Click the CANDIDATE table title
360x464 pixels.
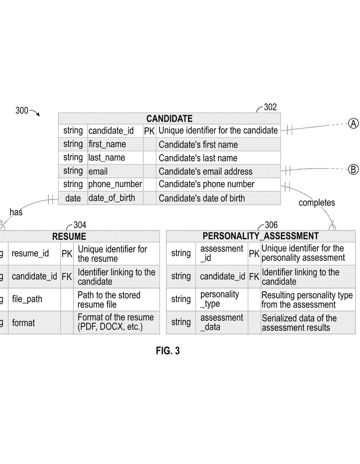[169, 119]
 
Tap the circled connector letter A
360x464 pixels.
[353, 123]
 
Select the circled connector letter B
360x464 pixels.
[353, 170]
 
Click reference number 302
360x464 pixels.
[270, 107]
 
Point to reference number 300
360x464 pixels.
[22, 110]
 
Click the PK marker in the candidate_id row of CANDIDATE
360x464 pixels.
[149, 131]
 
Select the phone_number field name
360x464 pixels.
[115, 184]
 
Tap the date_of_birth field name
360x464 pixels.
[112, 198]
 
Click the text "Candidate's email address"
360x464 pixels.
[205, 172]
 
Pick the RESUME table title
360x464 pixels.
[69, 237]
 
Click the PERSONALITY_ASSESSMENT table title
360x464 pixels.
[260, 237]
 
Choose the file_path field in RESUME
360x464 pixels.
[27, 300]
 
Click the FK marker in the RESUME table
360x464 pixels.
[67, 276]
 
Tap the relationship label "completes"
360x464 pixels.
[316, 203]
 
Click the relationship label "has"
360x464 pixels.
[16, 212]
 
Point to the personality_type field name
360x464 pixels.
[219, 299]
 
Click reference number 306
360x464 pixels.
[271, 225]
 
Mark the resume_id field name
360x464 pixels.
[30, 253]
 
